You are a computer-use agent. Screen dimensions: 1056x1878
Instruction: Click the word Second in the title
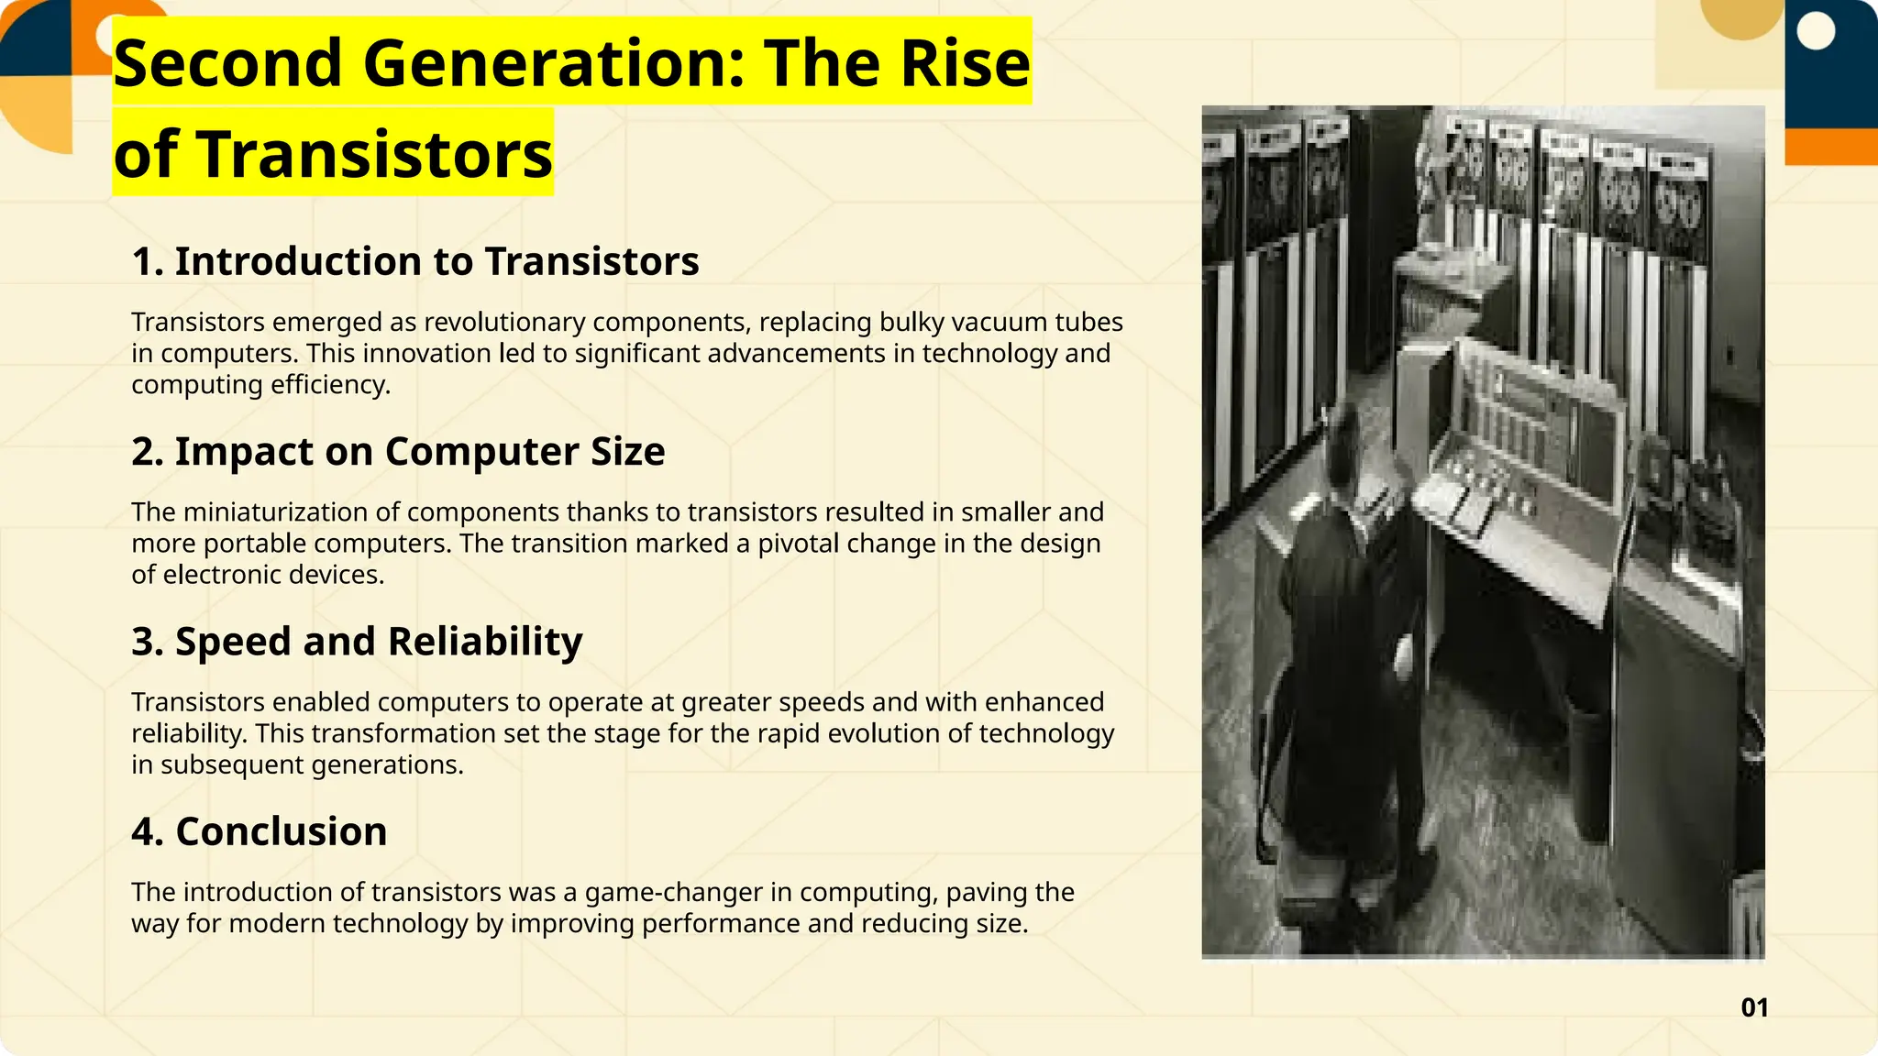[227, 63]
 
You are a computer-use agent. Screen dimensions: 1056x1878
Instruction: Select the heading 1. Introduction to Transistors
[414, 261]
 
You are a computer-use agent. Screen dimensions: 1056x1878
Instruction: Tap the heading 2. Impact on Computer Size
[398, 451]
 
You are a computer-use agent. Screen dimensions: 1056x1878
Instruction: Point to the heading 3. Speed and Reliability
[357, 641]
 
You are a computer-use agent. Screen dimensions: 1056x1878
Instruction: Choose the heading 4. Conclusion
[259, 831]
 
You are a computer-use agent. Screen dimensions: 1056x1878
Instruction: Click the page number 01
[1753, 1007]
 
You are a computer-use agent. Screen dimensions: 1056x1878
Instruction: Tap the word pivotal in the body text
[798, 544]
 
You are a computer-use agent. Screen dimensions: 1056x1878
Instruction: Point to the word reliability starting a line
[189, 733]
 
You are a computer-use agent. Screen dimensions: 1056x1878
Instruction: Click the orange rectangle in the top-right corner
[1830, 147]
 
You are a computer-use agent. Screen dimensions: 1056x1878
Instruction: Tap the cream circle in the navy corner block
[1817, 32]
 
